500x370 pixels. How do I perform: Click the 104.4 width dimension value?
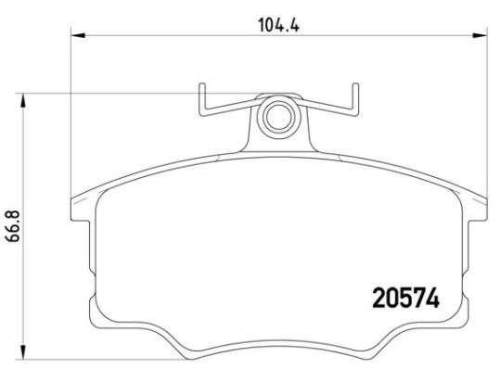(278, 25)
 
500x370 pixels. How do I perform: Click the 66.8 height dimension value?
(14, 226)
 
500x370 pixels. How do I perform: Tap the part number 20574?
(405, 299)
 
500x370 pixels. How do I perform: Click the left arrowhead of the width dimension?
(78, 35)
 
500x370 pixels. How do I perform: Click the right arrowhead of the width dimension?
(480, 35)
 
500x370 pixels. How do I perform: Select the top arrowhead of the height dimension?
(22, 101)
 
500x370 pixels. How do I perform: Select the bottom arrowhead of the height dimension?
(22, 351)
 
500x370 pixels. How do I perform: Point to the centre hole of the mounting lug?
(279, 117)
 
